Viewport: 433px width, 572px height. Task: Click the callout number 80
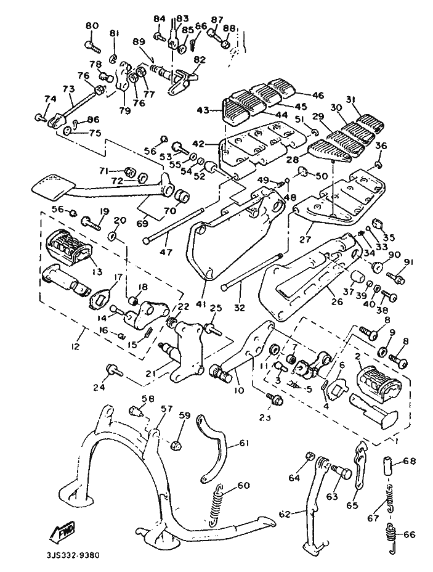pos(92,25)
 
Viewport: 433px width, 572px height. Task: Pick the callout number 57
pos(166,408)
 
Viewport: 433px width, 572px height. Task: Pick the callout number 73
pos(68,89)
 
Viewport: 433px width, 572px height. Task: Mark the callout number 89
pos(139,41)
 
